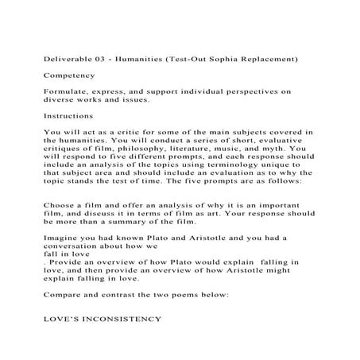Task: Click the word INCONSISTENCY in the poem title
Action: (x=121, y=318)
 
